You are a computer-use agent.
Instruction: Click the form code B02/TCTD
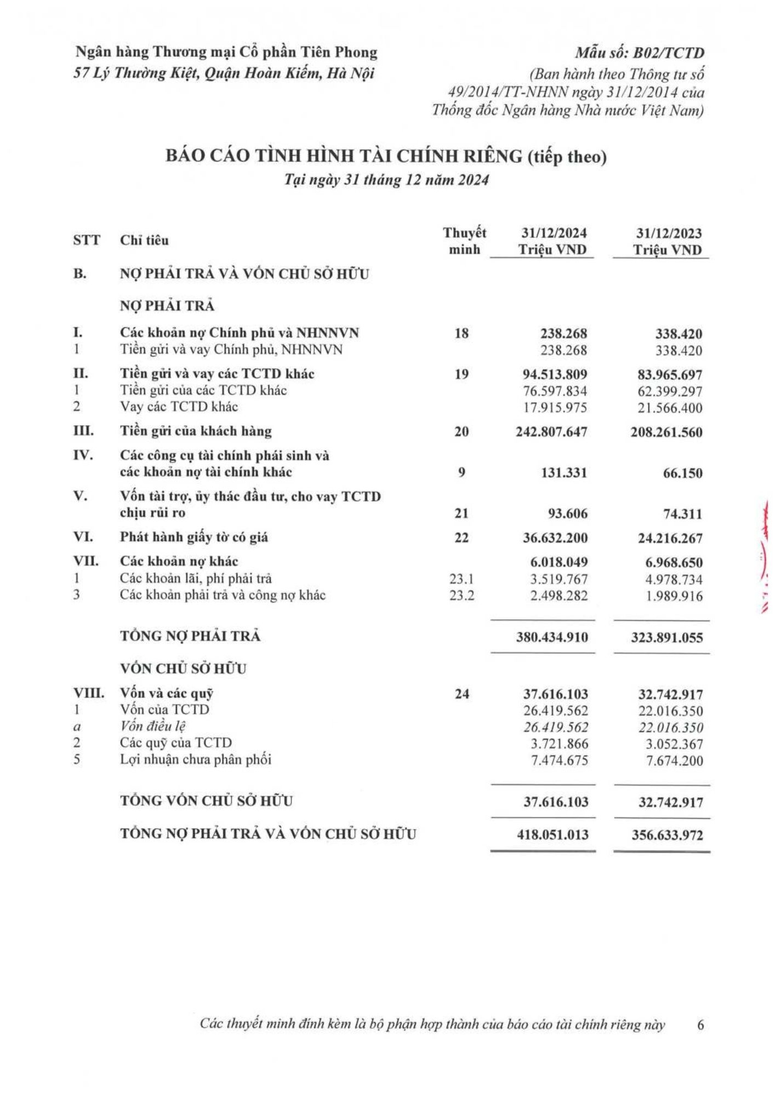[x=640, y=53]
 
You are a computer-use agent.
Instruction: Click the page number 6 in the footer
[x=700, y=1024]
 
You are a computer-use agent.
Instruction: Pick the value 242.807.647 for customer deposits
[x=551, y=432]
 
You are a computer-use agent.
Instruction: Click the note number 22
[x=461, y=538]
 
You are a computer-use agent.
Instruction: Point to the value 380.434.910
[x=551, y=637]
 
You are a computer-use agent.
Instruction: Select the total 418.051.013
[x=552, y=835]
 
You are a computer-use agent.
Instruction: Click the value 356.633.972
[x=666, y=835]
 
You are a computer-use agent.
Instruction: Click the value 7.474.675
[x=560, y=760]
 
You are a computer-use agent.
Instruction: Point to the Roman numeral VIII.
[x=89, y=693]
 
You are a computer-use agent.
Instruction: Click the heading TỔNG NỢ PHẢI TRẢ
[x=190, y=636]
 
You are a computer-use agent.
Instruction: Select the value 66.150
[x=682, y=473]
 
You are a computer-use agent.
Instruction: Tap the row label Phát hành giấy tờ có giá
[x=194, y=537]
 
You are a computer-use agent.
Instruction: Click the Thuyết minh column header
[x=464, y=241]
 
